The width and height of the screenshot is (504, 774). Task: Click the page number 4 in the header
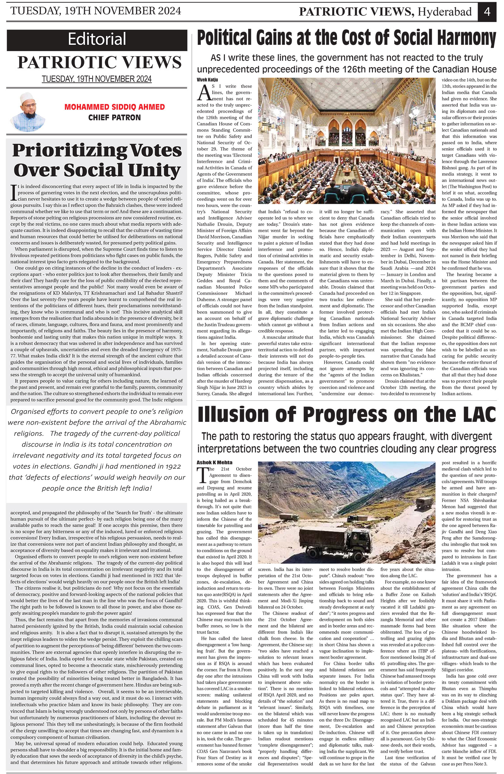(x=487, y=12)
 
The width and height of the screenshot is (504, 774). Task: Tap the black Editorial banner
(x=97, y=40)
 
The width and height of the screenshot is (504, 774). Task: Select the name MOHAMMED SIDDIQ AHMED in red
(x=114, y=107)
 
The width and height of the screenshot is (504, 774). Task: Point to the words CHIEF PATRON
(x=114, y=118)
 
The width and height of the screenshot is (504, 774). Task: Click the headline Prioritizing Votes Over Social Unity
(x=97, y=160)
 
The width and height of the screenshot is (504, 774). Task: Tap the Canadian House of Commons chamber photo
(x=346, y=140)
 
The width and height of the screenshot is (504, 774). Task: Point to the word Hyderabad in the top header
(x=444, y=12)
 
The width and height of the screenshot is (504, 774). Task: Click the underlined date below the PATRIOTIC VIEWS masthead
(x=97, y=79)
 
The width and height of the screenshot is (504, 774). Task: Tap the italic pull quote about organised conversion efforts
(x=97, y=450)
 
